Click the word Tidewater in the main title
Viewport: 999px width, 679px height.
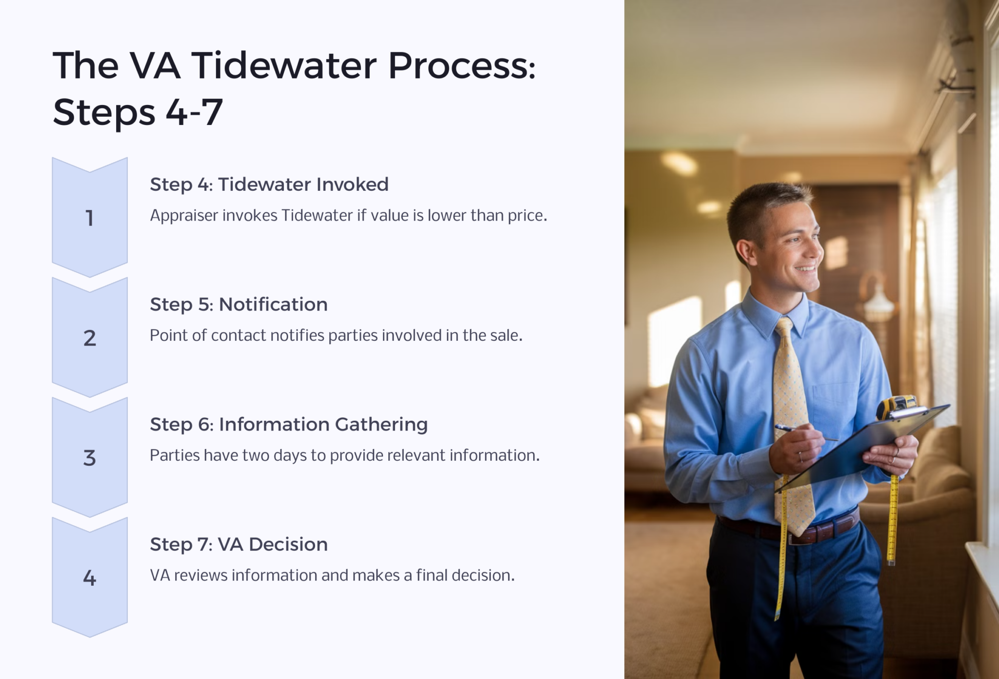[x=283, y=66]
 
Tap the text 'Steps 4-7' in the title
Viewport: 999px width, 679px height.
[x=138, y=112]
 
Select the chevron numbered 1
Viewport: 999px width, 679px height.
[x=90, y=218]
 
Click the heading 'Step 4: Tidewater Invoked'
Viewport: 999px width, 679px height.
[x=269, y=185]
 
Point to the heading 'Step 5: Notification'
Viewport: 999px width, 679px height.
[x=239, y=305]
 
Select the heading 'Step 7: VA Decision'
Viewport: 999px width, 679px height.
[x=239, y=544]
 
